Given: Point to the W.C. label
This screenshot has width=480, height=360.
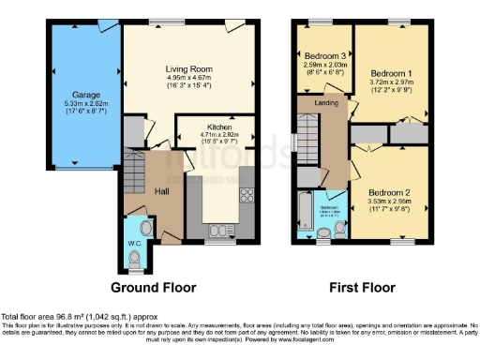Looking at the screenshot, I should coord(133,248).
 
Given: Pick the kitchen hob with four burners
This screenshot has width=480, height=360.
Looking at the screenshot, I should coord(248,196).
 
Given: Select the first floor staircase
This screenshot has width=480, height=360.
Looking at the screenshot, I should coord(307,140).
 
